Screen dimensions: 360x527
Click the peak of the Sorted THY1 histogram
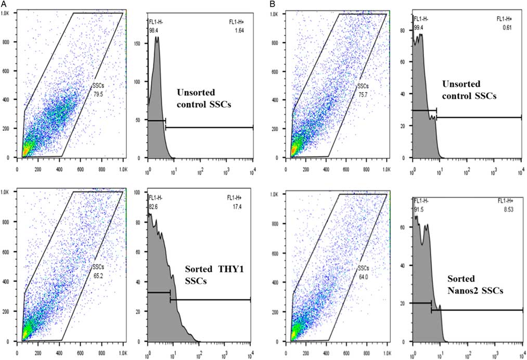pos(150,214)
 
